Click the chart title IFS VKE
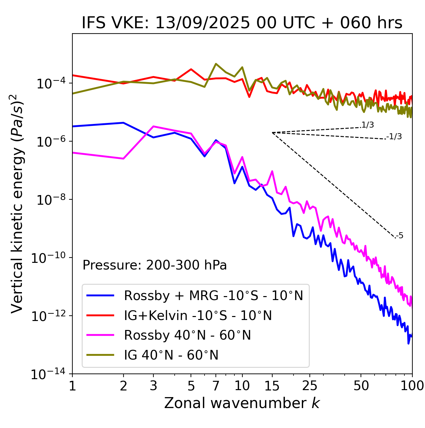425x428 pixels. [x=242, y=23]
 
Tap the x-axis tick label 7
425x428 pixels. [x=216, y=386]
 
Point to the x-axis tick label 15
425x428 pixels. [x=272, y=386]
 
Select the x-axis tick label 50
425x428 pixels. [x=361, y=386]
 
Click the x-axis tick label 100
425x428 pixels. [x=412, y=386]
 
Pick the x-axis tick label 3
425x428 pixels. [x=153, y=386]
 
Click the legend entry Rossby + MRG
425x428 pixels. [x=213, y=295]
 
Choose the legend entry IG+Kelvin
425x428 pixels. [x=198, y=315]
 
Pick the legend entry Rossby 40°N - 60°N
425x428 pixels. [x=187, y=335]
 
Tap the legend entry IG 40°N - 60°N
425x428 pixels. [x=171, y=355]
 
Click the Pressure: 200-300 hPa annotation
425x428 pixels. [x=155, y=265]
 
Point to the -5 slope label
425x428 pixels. [x=400, y=236]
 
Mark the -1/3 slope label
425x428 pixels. [x=394, y=137]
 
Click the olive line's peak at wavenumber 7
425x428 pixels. [x=216, y=64]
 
